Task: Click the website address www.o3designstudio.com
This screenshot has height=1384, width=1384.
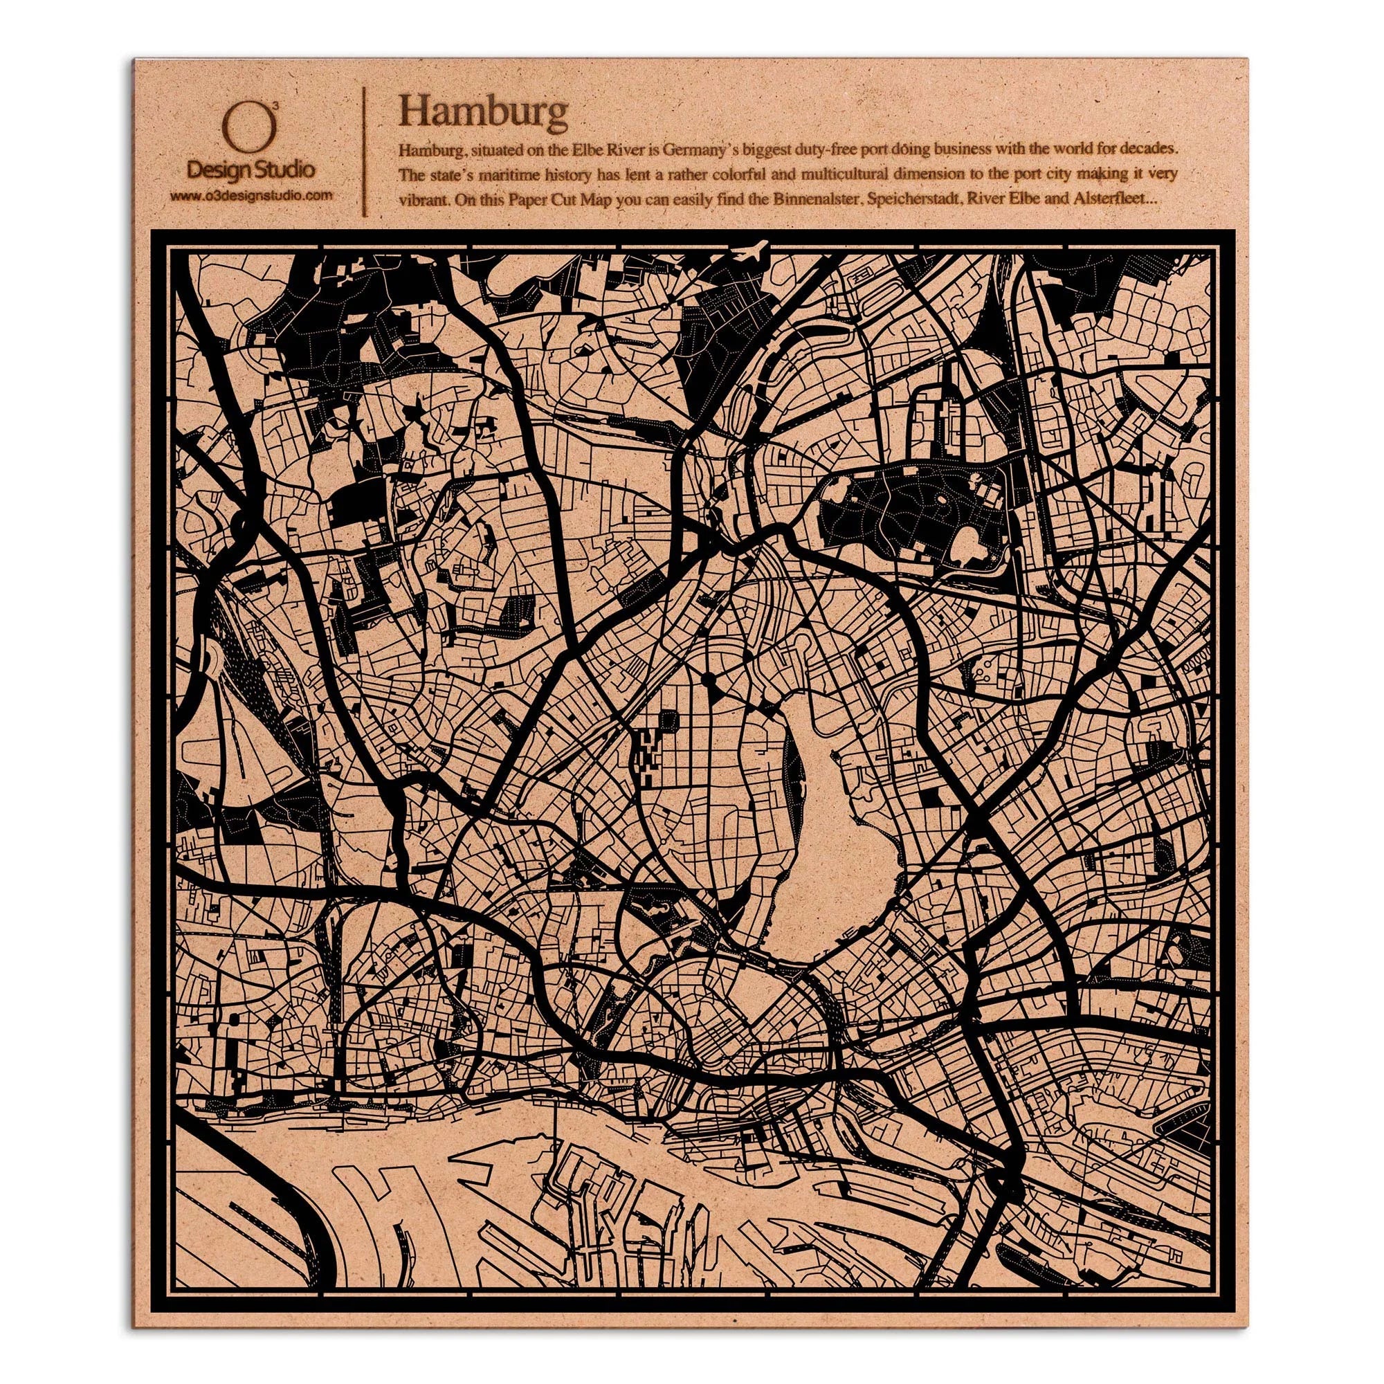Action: point(250,195)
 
